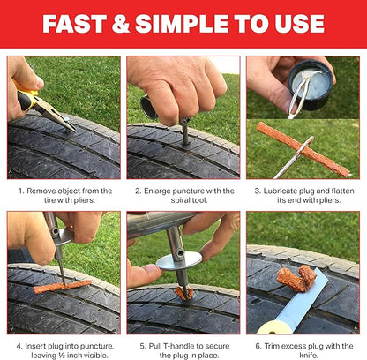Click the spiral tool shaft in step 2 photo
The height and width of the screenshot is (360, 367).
point(185,132)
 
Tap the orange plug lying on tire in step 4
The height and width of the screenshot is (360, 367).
point(62,286)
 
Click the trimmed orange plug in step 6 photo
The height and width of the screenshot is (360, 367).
point(293,277)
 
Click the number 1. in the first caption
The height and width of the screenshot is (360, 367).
point(21,191)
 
